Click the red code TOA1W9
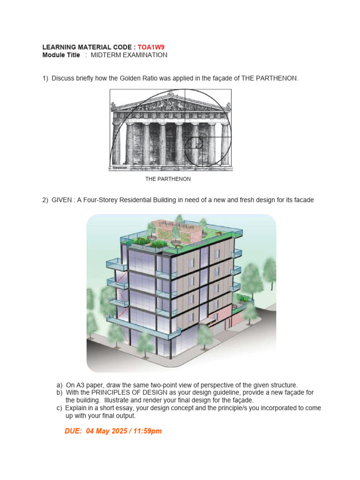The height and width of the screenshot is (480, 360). click(151, 47)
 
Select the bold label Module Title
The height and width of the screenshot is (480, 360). click(61, 55)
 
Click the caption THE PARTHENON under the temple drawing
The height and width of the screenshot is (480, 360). click(168, 179)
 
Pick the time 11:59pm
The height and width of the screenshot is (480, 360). click(146, 431)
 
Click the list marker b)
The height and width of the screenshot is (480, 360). click(60, 392)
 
